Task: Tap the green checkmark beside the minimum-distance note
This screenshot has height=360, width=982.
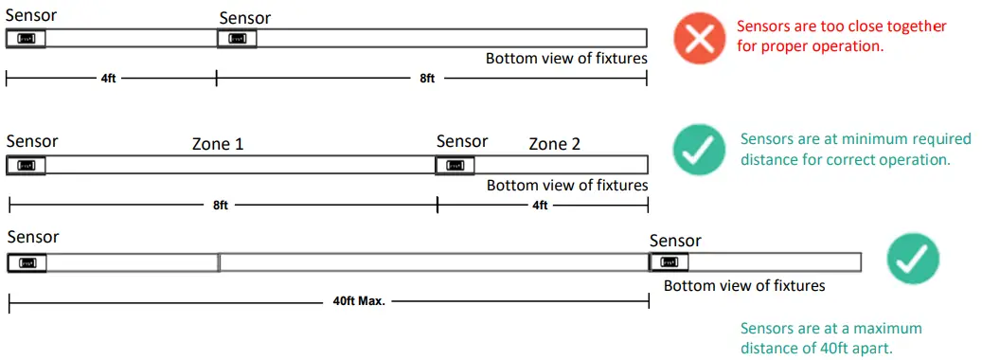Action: tap(699, 151)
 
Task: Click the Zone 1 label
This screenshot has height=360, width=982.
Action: tap(217, 144)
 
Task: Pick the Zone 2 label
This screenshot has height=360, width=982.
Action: tap(554, 144)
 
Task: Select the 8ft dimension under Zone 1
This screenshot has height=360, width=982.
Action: tap(221, 205)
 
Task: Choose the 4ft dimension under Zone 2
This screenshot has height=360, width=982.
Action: tap(539, 205)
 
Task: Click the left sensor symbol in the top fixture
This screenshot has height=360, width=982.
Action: tap(26, 39)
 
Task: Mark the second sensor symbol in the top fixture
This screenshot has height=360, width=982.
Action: tap(236, 39)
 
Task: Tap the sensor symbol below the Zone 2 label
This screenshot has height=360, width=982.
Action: tap(455, 165)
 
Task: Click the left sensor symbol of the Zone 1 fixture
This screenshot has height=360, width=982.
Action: tap(26, 165)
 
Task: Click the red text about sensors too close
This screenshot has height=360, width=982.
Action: tap(810, 37)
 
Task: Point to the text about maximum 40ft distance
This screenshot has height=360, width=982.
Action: tap(830, 338)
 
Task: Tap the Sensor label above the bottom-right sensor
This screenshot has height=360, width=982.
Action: tap(675, 241)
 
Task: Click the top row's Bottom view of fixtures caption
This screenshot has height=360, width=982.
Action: tap(566, 59)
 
